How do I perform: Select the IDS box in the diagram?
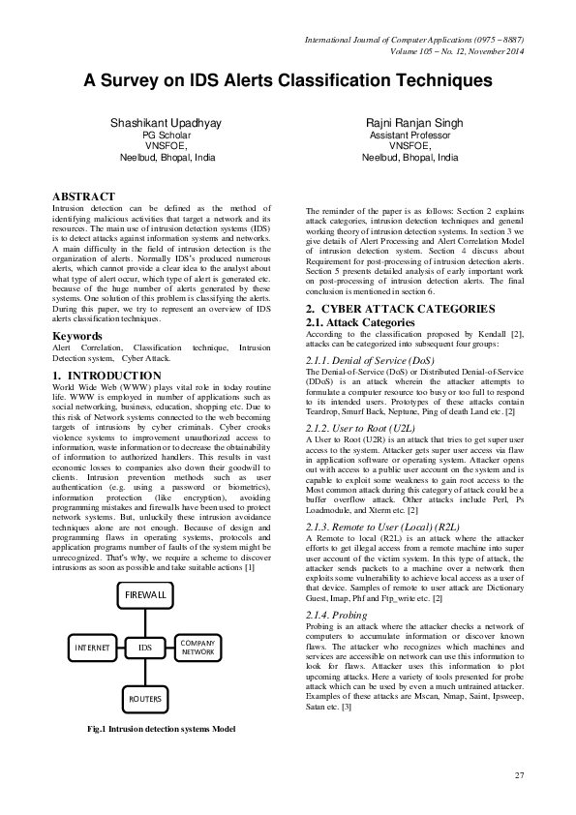coord(146,646)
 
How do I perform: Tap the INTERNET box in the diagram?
coord(92,646)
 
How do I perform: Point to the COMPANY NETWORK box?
coord(197,647)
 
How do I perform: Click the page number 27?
coord(519,774)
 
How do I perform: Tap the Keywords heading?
coord(77,336)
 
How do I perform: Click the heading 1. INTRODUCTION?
coord(106,375)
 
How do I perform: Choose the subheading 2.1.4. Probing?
coord(336,615)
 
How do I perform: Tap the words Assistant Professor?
coord(409,136)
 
